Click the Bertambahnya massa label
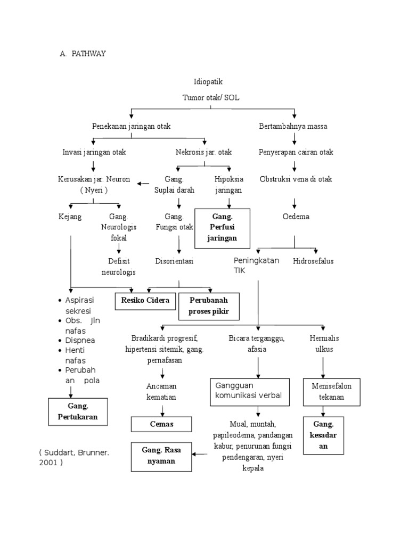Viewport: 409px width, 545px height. point(293,126)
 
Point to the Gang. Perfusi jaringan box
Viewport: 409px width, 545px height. point(222,228)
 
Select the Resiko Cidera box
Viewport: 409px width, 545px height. point(145,301)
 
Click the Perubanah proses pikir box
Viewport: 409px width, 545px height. point(209,305)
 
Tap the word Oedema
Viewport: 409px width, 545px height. point(296,217)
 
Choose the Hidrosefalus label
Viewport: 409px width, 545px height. point(313,261)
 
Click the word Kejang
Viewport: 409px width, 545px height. point(70,217)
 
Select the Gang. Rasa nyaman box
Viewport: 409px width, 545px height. point(161,456)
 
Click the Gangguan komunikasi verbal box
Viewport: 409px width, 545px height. point(250,391)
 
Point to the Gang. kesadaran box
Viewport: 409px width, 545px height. point(323,435)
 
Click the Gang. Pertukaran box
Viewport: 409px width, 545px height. point(78,411)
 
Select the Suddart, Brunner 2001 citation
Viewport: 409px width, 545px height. point(73,457)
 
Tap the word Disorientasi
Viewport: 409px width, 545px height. point(174,261)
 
